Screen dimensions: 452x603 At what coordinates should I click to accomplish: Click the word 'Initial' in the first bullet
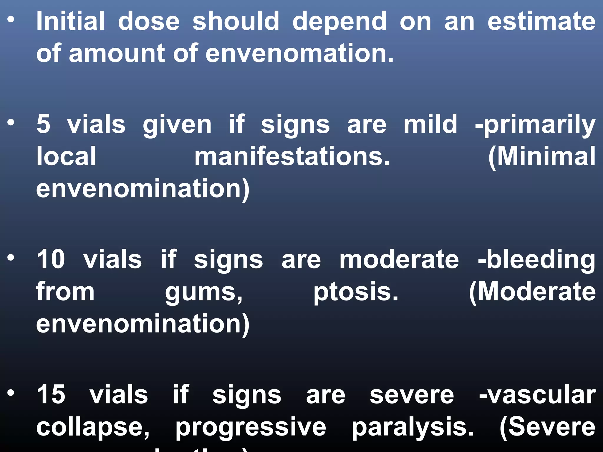[x=70, y=21]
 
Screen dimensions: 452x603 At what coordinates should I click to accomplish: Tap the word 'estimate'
[x=541, y=21]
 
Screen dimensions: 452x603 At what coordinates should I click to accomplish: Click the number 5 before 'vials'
[x=44, y=124]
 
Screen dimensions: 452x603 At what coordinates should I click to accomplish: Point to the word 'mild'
[x=430, y=124]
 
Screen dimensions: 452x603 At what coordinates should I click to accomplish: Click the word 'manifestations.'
[x=292, y=157]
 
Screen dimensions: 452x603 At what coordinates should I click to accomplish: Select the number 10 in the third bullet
[x=51, y=259]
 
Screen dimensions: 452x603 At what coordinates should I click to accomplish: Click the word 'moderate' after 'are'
[x=399, y=260]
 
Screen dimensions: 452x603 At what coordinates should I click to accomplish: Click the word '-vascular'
[x=537, y=395]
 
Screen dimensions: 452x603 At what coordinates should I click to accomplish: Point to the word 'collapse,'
[x=93, y=428]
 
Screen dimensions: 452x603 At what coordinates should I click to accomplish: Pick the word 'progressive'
[x=251, y=428]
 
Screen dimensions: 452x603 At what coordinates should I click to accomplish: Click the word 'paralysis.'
[x=413, y=428]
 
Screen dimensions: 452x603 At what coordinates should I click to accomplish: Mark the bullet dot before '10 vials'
[x=11, y=258]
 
